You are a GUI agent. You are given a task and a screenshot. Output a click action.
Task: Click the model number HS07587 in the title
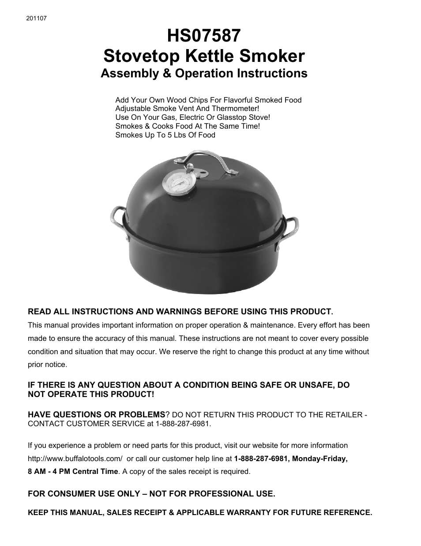(x=204, y=36)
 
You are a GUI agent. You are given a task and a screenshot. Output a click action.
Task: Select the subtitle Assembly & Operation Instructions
(x=204, y=73)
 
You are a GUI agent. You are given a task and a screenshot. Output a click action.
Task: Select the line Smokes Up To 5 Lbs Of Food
(x=165, y=135)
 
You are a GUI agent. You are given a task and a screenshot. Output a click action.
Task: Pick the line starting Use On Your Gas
(x=192, y=117)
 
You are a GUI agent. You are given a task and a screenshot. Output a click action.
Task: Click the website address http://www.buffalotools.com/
(x=75, y=458)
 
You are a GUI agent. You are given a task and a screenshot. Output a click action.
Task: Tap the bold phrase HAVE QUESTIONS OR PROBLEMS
(x=96, y=415)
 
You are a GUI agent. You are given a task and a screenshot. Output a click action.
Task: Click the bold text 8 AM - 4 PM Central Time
(x=73, y=471)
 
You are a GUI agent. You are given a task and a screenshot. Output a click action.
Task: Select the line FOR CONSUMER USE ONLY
(x=151, y=493)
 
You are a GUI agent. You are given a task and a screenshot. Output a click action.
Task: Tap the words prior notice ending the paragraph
(x=48, y=365)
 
